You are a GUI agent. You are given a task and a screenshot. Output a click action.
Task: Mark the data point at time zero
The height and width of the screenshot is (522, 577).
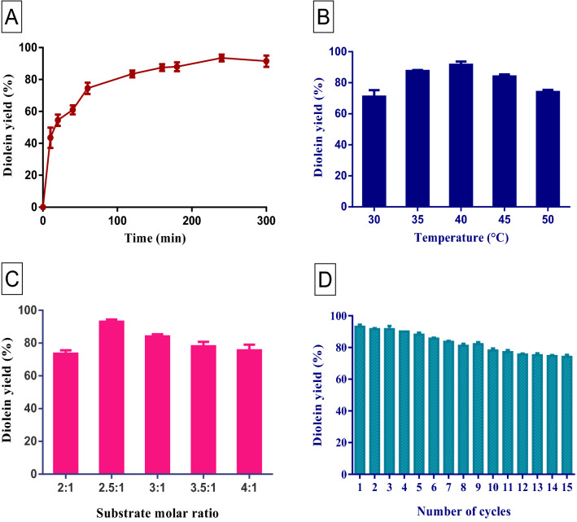tap(43, 207)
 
